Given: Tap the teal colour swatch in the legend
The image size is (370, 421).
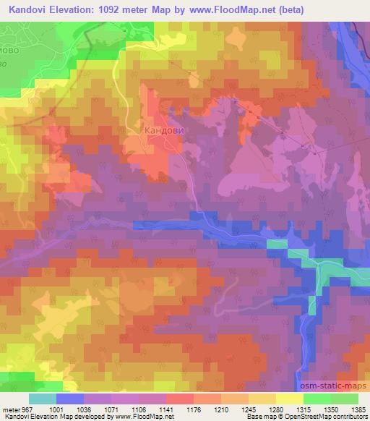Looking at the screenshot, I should tap(43, 399).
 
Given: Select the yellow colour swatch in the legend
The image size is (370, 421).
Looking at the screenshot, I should tap(289, 399).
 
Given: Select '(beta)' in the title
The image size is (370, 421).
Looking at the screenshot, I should tap(283, 10).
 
